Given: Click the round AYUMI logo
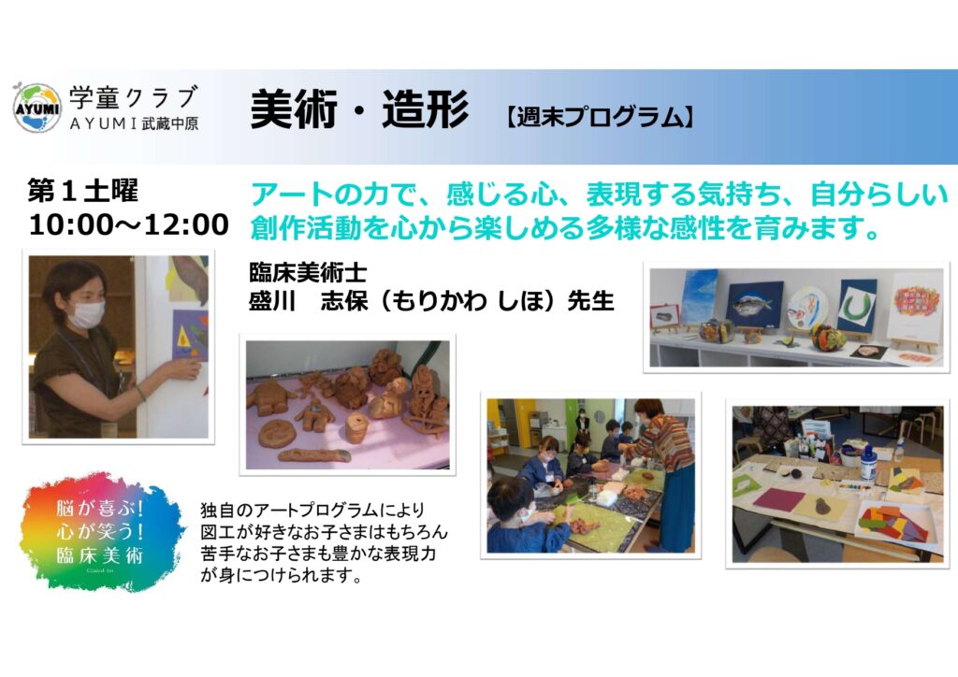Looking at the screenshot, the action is (x=36, y=108).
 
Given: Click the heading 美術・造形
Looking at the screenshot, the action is (x=359, y=109).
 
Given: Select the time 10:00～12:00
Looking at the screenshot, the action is (x=129, y=224).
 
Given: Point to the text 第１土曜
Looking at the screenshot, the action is (x=82, y=191).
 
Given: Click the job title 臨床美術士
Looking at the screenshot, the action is (x=308, y=273).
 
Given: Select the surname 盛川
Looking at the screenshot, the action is (x=272, y=301).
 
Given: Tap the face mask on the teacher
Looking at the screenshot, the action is (x=86, y=314).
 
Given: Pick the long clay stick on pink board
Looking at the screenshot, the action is (x=314, y=455).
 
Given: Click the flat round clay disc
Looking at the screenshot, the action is (x=277, y=434).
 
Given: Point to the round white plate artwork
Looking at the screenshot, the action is (x=807, y=309).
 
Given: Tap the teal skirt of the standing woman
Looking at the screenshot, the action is (x=677, y=508).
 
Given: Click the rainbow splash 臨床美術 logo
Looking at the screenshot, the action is (x=101, y=532).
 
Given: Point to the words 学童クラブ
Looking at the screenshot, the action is (x=133, y=97).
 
